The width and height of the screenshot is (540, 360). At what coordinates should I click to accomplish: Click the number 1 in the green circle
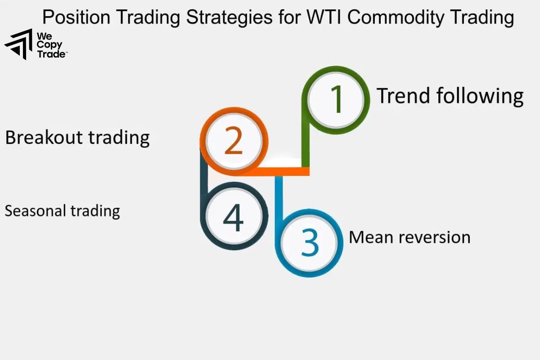point(337,99)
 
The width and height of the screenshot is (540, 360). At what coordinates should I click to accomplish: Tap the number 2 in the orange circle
point(234,141)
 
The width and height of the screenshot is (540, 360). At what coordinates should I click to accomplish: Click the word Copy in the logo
point(49,45)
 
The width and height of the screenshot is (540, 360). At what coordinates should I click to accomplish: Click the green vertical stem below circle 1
point(306,144)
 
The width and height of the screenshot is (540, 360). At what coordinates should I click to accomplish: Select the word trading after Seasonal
point(97,211)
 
